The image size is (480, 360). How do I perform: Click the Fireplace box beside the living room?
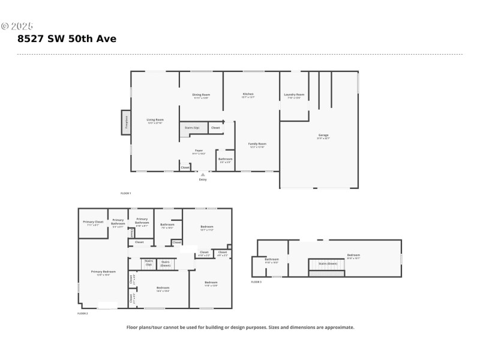click(x=126, y=122)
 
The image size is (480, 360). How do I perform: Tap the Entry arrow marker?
click(x=202, y=175)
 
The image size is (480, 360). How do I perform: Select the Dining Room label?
click(x=201, y=95)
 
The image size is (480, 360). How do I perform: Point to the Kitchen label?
click(x=248, y=94)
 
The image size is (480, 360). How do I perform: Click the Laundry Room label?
click(x=294, y=95)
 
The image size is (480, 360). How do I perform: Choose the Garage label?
click(x=323, y=136)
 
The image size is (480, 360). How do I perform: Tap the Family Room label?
click(x=258, y=144)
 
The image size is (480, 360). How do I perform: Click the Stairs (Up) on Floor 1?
click(x=192, y=128)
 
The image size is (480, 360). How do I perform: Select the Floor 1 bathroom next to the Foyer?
click(x=226, y=160)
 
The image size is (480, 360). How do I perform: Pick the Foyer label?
click(x=199, y=151)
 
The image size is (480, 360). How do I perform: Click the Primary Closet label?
click(x=93, y=223)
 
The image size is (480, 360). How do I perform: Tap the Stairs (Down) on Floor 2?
click(x=166, y=263)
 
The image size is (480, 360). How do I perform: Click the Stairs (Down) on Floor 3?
click(x=328, y=263)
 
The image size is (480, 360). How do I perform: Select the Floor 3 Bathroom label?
click(x=272, y=260)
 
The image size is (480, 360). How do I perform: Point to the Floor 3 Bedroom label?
click(x=353, y=256)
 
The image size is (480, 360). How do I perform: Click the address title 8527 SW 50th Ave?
click(x=67, y=39)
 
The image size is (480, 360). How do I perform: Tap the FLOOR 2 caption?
click(x=83, y=313)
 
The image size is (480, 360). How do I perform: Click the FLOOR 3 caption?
click(x=256, y=281)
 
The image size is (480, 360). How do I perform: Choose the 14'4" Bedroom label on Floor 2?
click(x=163, y=289)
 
